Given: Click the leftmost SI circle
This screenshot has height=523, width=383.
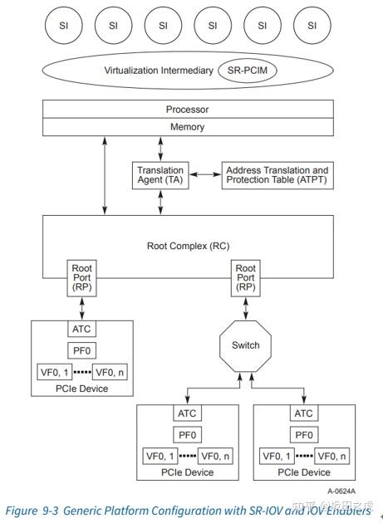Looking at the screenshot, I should pos(63,26).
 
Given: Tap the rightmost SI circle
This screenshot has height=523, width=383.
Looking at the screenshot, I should pos(312,26).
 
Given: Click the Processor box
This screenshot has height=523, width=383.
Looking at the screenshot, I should pos(188,110).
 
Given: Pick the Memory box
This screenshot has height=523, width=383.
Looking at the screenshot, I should pos(188,127).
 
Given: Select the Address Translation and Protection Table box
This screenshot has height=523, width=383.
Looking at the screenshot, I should pos(277,175).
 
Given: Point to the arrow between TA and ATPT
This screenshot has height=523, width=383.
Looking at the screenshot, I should pos(206,175).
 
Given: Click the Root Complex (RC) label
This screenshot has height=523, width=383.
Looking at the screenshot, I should pos(188,246).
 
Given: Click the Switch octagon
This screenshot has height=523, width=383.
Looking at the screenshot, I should pos(246,345).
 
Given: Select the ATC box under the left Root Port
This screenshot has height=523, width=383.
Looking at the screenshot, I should pos(82,330).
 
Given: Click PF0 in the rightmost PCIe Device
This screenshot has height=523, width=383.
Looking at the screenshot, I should pos(304,434).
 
